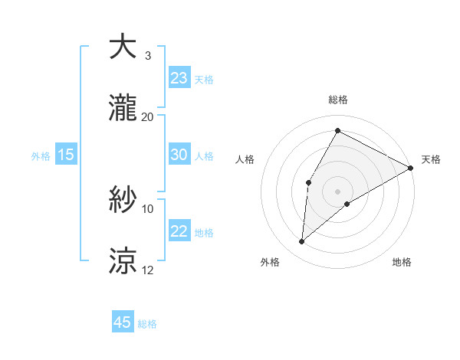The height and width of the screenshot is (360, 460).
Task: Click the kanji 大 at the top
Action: point(123,47)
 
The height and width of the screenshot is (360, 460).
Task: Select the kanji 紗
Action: point(123,200)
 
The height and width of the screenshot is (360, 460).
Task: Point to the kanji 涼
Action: point(123,261)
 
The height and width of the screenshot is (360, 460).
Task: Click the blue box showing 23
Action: point(179,78)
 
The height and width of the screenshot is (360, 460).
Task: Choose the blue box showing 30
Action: point(179,155)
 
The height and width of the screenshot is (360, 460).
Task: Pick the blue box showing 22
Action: point(179,231)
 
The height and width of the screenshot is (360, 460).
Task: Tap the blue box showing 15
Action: point(66,155)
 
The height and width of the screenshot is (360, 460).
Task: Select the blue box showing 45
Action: point(123,322)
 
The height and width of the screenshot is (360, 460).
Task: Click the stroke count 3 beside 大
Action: point(148,55)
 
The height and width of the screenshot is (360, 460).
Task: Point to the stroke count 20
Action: point(148,116)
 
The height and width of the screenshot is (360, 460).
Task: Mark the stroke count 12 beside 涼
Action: point(148,270)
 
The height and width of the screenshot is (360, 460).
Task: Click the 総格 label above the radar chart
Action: point(338,100)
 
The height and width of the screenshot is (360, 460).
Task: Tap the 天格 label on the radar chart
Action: point(431,159)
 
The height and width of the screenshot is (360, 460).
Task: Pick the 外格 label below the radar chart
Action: point(270,262)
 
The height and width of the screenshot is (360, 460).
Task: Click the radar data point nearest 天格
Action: point(412,168)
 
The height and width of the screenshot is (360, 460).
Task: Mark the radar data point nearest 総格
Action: point(337,130)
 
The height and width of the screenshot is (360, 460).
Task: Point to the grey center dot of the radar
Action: point(337,191)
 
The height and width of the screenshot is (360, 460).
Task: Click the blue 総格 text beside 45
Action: point(147,324)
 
